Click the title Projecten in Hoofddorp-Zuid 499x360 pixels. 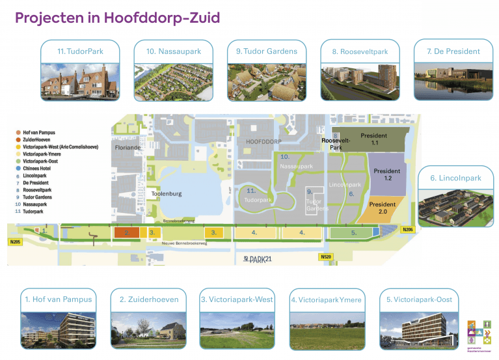[117, 18]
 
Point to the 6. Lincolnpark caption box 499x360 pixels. [455, 178]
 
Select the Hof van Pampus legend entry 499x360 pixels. [38, 132]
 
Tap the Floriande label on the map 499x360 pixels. [128, 148]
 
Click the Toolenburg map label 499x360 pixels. [167, 194]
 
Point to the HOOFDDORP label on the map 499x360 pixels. [263, 141]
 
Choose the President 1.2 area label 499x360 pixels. [387, 174]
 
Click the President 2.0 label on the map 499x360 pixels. [383, 208]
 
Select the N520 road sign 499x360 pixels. [327, 257]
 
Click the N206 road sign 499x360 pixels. [407, 230]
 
